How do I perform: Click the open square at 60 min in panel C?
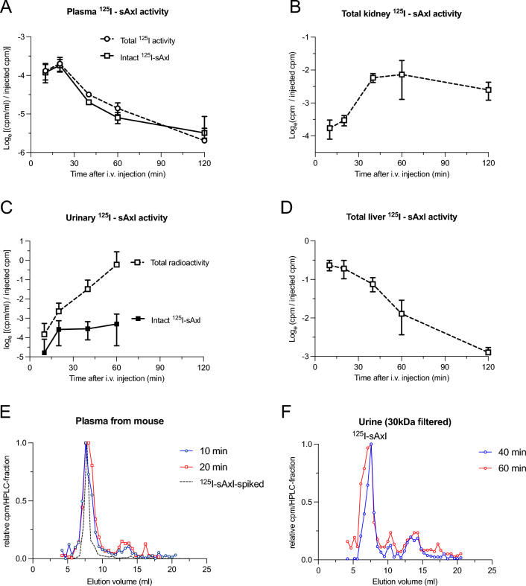coord(116,264)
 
